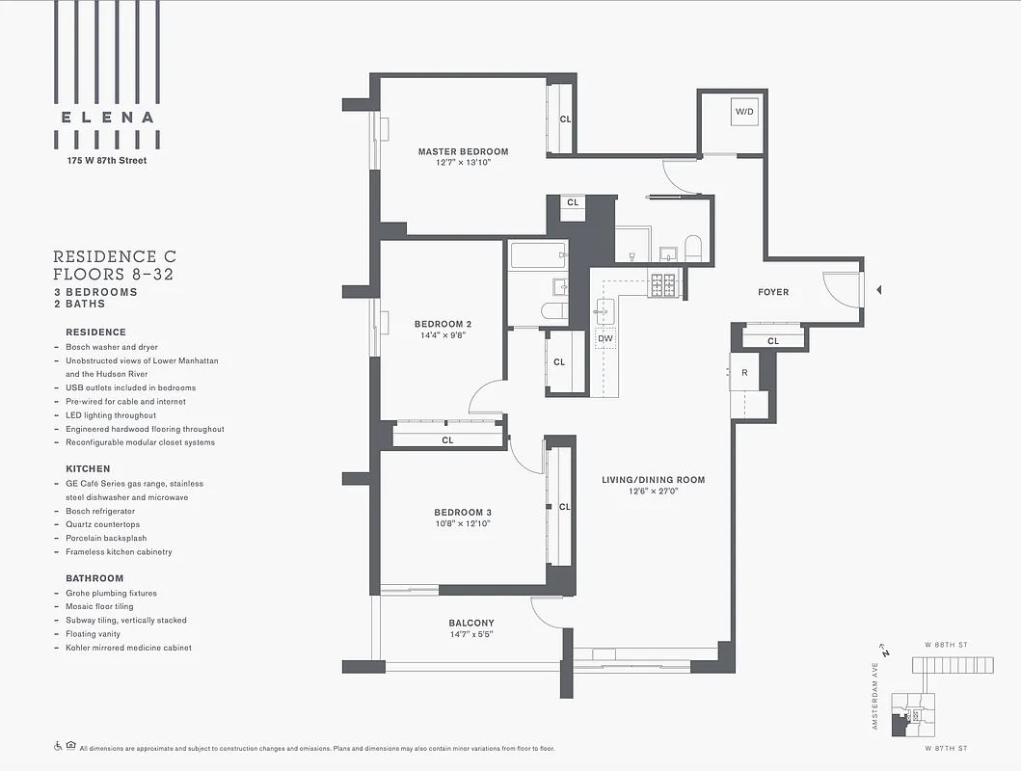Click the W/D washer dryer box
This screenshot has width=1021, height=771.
(744, 113)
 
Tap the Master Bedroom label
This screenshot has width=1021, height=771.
(463, 151)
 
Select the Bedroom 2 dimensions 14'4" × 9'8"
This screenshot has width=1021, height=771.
(443, 336)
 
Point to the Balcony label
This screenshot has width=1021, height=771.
(470, 623)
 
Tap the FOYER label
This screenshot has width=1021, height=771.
(772, 292)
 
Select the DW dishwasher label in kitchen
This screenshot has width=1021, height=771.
(605, 338)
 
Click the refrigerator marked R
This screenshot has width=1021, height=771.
(743, 372)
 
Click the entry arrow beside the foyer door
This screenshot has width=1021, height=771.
(877, 289)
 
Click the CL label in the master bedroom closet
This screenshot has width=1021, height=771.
(565, 120)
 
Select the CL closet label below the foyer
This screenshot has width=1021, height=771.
(772, 341)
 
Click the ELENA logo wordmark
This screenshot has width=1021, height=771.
(106, 118)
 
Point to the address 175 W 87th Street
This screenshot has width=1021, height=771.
(106, 160)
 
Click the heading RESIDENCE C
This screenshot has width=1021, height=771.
(114, 256)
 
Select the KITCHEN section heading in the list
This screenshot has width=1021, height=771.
(88, 468)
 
